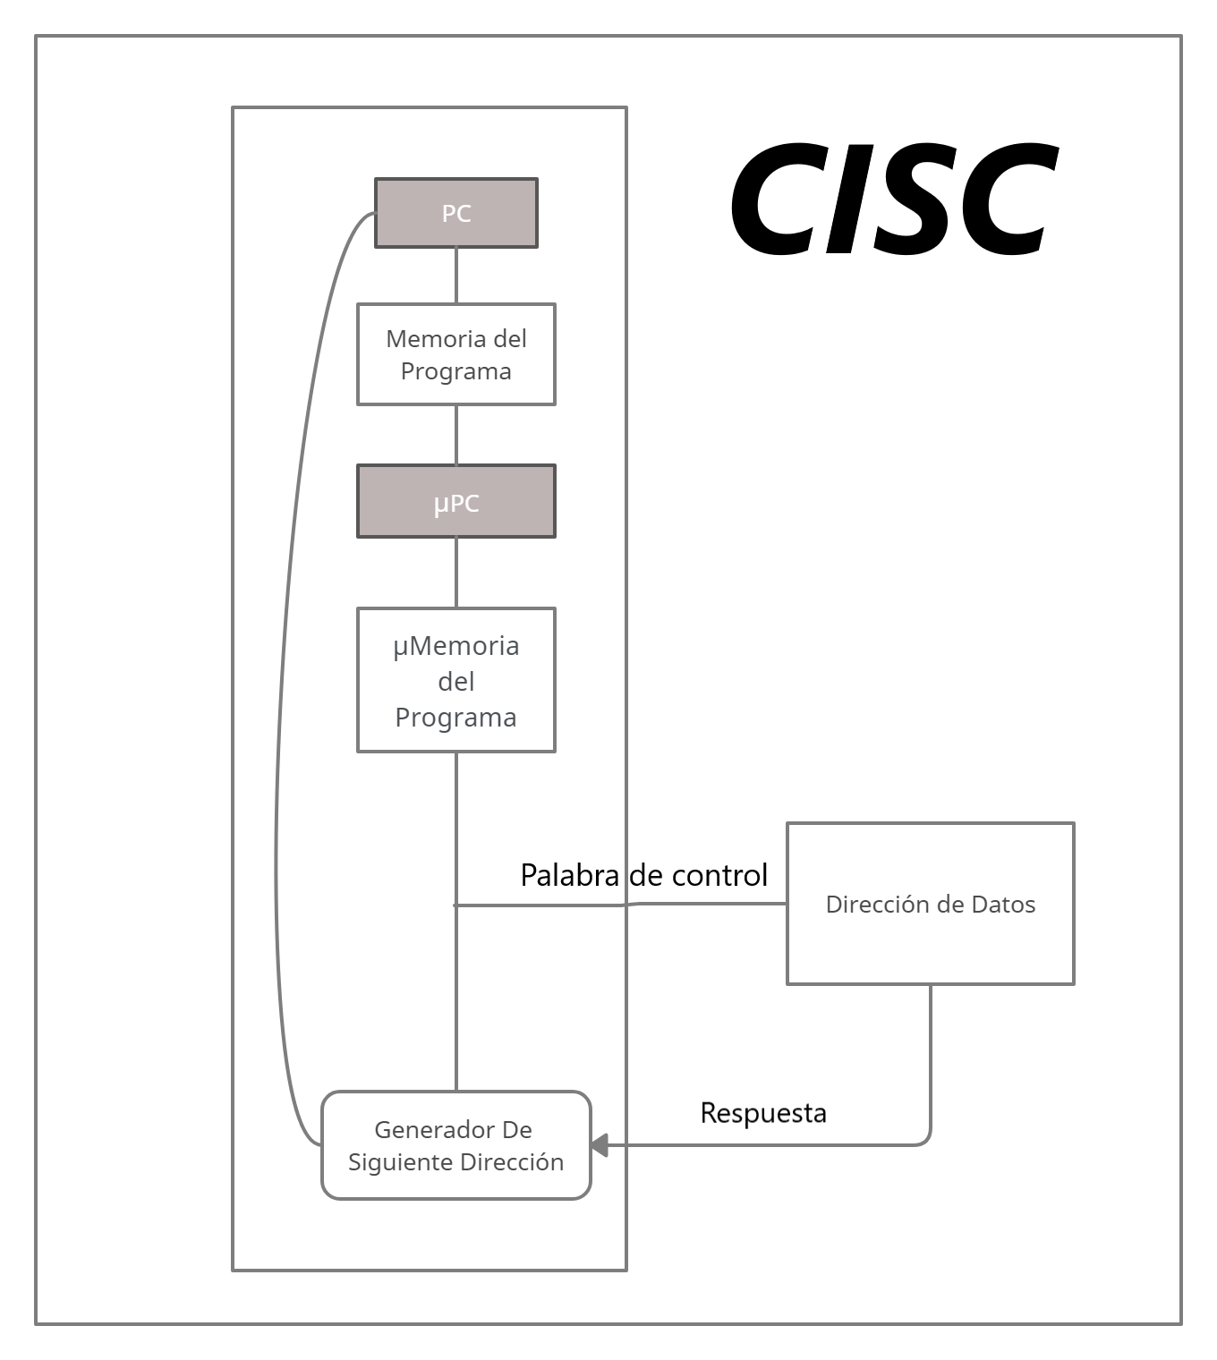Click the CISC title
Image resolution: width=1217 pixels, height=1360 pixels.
pos(893,199)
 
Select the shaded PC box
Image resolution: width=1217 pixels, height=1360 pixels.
pos(455,213)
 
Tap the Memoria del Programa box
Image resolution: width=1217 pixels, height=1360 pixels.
pos(455,354)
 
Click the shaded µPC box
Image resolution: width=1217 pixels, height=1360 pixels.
pos(455,501)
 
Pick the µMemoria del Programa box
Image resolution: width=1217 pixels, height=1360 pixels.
pos(455,680)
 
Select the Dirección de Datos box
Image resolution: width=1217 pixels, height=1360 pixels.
pos(930,904)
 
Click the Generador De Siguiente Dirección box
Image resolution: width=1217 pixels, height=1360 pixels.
pos(455,1145)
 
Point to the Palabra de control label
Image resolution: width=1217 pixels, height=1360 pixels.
pos(643,874)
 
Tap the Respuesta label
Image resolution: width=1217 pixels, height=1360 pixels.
pos(762,1112)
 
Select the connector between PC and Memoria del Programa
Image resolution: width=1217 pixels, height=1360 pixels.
pos(456,276)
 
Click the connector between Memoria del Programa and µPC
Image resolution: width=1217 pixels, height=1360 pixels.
pos(456,434)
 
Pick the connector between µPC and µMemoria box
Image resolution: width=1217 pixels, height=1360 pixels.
pos(456,573)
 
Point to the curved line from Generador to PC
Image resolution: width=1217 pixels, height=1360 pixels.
pos(277,805)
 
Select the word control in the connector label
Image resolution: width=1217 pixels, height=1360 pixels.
pos(719,874)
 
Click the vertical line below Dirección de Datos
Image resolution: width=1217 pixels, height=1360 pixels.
pos(931,1056)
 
